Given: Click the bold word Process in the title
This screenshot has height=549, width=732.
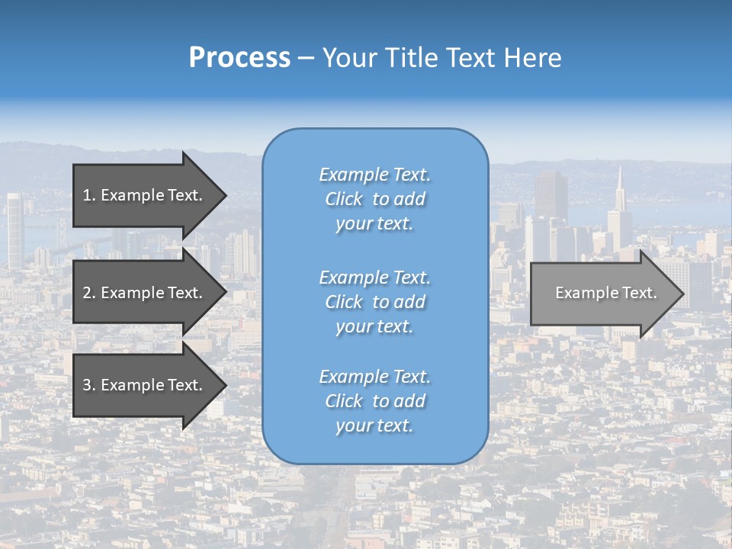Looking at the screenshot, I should (x=239, y=58).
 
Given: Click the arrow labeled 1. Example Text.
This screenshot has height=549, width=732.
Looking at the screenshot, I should (x=143, y=195).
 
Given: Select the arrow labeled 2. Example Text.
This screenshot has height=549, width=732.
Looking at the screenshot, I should (x=143, y=293).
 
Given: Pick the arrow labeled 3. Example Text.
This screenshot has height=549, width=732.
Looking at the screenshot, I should (x=143, y=385).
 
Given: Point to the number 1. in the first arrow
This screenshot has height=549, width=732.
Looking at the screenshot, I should (x=89, y=195).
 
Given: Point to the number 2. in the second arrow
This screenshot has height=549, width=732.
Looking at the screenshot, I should (x=89, y=293).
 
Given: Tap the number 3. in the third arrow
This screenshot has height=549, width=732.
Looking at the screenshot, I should (x=89, y=385).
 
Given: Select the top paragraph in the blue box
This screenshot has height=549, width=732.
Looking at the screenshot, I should (x=374, y=199).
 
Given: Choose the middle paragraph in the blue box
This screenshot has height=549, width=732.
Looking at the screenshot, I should (x=374, y=302).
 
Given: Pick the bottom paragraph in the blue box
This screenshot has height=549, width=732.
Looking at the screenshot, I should (x=374, y=401).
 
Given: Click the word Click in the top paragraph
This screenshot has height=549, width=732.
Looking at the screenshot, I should (x=344, y=200).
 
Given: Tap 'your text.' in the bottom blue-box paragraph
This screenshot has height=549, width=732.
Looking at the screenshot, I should (x=374, y=425).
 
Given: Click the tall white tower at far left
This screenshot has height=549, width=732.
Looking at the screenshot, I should (x=14, y=229).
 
